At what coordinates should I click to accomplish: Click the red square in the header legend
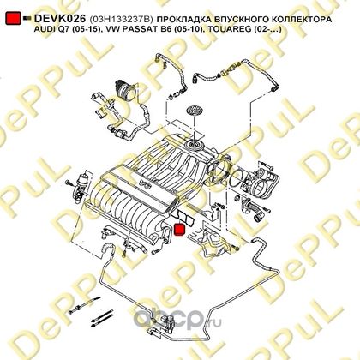click(13, 18)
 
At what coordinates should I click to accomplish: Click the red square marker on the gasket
click(179, 230)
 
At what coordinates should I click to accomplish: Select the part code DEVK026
click(60, 19)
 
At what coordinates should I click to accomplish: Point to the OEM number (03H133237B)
click(122, 20)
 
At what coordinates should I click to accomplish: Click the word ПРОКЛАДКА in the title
click(185, 20)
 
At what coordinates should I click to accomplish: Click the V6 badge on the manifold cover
click(145, 184)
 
